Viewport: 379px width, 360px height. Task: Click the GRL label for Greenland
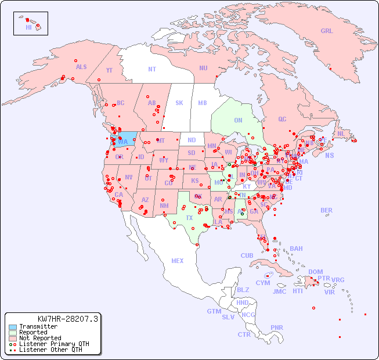327,31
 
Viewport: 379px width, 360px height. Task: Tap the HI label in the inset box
28,27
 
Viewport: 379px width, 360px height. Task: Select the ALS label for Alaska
81,67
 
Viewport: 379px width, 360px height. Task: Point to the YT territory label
109,70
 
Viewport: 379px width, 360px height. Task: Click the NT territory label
152,69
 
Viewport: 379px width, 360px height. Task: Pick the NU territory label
203,68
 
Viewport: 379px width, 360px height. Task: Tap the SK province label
179,103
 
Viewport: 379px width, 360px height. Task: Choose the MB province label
202,103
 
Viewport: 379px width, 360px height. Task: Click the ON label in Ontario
238,120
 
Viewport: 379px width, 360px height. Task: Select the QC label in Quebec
282,119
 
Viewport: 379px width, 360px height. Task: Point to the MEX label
178,261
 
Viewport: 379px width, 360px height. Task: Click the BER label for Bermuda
326,210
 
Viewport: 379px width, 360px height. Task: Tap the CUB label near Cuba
247,255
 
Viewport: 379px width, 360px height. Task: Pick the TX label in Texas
189,218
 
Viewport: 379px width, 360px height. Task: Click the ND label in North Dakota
192,140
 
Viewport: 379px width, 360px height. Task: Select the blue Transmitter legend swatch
12,327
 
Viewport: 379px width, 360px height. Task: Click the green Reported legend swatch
12,333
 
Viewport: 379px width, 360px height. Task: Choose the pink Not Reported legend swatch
12,338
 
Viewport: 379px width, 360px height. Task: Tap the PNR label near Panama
277,327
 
